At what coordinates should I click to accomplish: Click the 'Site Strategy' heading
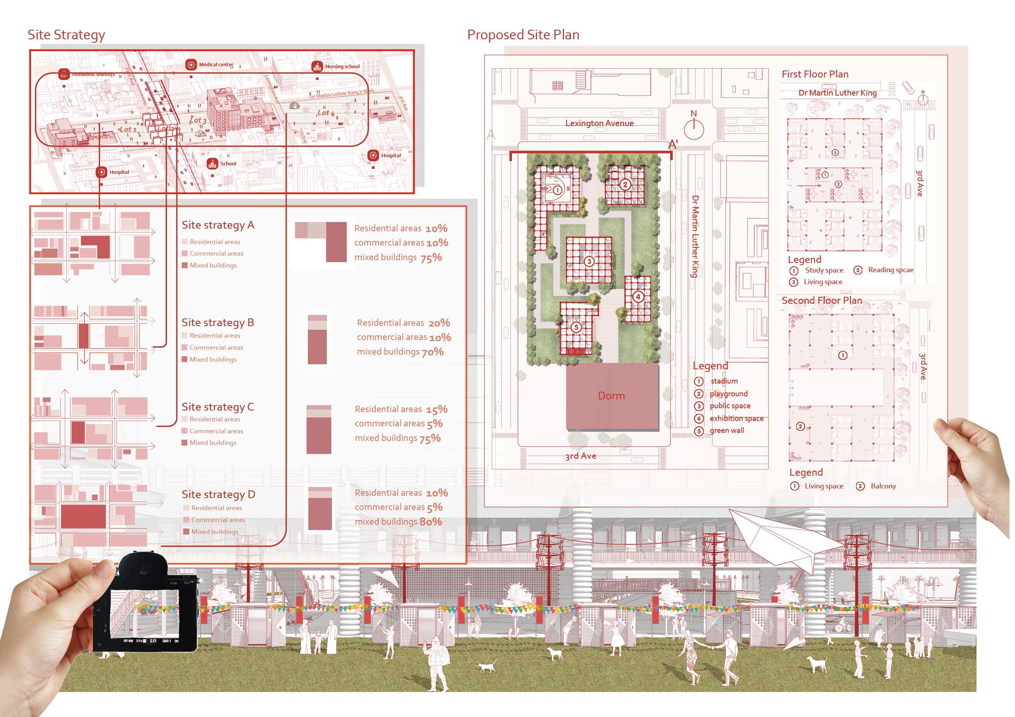(66, 35)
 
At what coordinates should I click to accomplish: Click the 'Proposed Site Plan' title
(523, 35)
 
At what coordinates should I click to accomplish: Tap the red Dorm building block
(612, 396)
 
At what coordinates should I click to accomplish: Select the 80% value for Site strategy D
(431, 522)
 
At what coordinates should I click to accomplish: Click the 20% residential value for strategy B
(439, 323)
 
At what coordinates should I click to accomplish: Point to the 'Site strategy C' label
(218, 407)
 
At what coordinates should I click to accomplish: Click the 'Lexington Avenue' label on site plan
(599, 123)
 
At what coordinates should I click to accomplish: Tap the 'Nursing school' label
(342, 67)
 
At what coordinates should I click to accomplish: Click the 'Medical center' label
(216, 64)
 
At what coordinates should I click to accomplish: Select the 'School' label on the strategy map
(228, 163)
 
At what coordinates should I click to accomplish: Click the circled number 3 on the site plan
(589, 261)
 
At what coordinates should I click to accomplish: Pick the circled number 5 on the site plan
(576, 327)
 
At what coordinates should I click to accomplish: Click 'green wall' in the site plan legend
(727, 431)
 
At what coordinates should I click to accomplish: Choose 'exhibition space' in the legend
(736, 418)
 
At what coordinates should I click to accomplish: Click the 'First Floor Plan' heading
(815, 74)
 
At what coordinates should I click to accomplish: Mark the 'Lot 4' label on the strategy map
(326, 113)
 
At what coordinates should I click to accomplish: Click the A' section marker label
(673, 144)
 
